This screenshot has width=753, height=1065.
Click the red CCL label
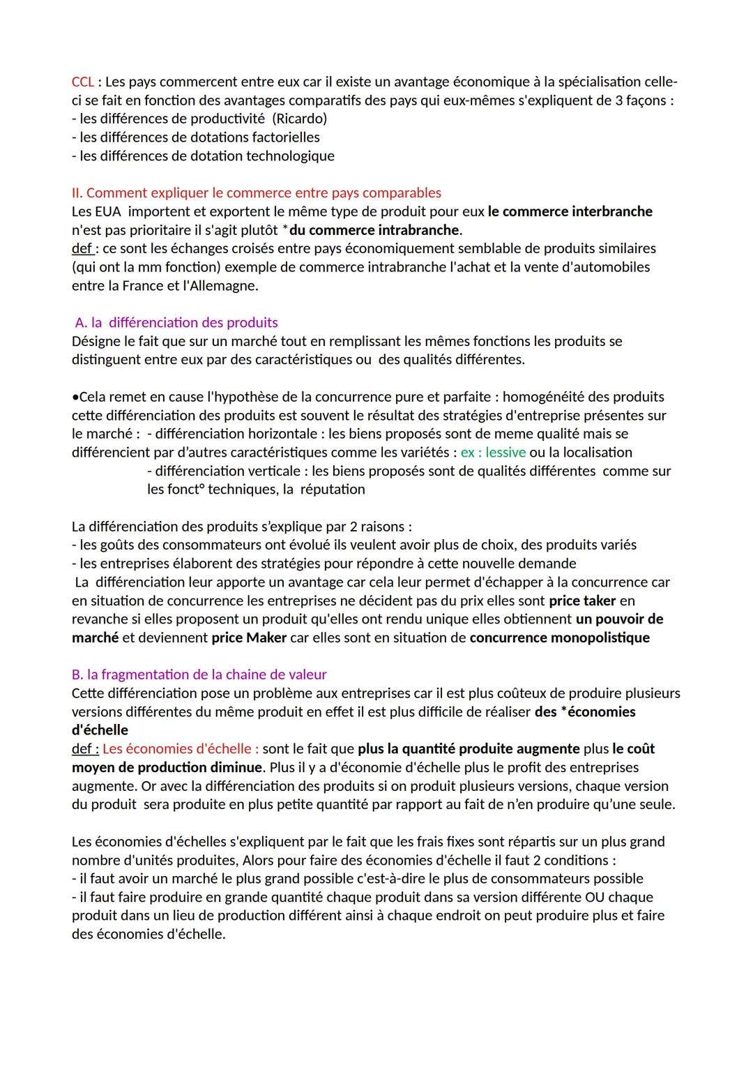click(82, 82)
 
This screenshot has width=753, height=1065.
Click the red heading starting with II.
click(256, 192)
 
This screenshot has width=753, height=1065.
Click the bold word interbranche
click(611, 211)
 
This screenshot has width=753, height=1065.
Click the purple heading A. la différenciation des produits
click(176, 322)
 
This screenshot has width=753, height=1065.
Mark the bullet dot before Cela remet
click(75, 397)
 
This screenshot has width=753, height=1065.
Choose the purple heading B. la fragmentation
click(199, 674)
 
